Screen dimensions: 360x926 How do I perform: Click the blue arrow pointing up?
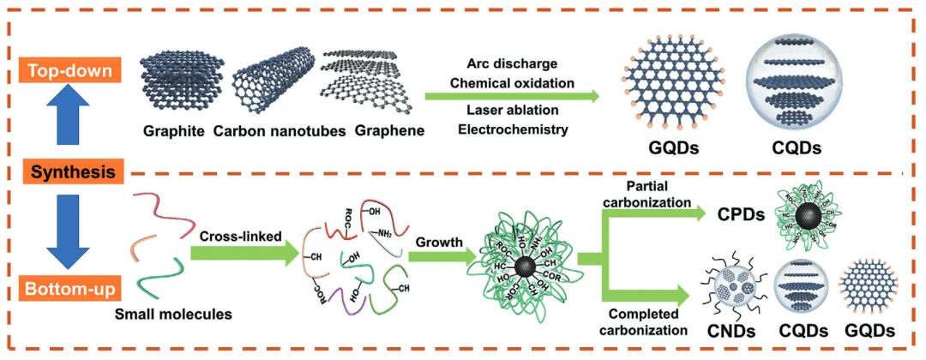71,117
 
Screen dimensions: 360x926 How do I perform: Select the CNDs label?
733,330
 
